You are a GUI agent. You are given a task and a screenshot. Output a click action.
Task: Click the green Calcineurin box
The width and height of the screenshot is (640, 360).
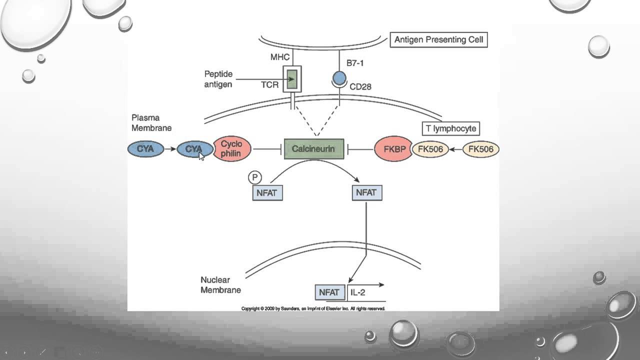pyautogui.click(x=314, y=149)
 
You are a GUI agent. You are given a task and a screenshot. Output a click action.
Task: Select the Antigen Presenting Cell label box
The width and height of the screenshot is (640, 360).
pyautogui.click(x=438, y=40)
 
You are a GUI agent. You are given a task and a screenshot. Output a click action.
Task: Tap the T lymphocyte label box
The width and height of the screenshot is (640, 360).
pyautogui.click(x=450, y=129)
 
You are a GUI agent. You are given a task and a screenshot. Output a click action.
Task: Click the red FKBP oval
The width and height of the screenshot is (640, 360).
pyautogui.click(x=393, y=149)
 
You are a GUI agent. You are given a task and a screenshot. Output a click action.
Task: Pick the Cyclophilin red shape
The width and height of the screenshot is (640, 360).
pyautogui.click(x=231, y=149)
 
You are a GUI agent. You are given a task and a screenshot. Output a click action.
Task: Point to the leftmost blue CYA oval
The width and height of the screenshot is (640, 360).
pyautogui.click(x=145, y=149)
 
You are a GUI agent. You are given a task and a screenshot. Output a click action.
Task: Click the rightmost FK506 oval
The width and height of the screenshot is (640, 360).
pyautogui.click(x=480, y=149)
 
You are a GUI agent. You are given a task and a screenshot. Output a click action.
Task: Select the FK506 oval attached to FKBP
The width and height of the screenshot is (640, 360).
pyautogui.click(x=430, y=149)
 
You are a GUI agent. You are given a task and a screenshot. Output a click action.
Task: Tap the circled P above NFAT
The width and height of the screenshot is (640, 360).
pyautogui.click(x=254, y=177)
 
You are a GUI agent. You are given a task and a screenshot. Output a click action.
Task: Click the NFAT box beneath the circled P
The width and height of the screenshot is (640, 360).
pyautogui.click(x=267, y=193)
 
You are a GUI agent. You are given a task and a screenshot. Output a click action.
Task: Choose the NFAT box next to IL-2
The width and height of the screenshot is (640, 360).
pyautogui.click(x=329, y=292)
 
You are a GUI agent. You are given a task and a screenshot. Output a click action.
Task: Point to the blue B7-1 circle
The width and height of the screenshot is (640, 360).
pyautogui.click(x=339, y=77)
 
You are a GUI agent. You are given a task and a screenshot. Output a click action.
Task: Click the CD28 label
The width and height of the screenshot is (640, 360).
pyautogui.click(x=360, y=87)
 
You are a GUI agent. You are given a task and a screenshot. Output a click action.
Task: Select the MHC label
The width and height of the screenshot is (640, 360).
pyautogui.click(x=280, y=57)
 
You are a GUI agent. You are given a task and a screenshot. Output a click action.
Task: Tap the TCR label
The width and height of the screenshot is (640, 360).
pyautogui.click(x=269, y=85)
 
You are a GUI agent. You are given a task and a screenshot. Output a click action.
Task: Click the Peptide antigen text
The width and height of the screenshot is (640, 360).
pyautogui.click(x=218, y=79)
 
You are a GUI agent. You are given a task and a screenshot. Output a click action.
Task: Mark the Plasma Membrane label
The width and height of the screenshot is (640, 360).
pyautogui.click(x=151, y=123)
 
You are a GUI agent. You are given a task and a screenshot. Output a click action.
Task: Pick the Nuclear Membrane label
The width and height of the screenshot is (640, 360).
pyautogui.click(x=220, y=285)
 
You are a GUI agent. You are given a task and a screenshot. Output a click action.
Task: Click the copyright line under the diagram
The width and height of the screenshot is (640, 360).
pyautogui.click(x=313, y=308)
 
